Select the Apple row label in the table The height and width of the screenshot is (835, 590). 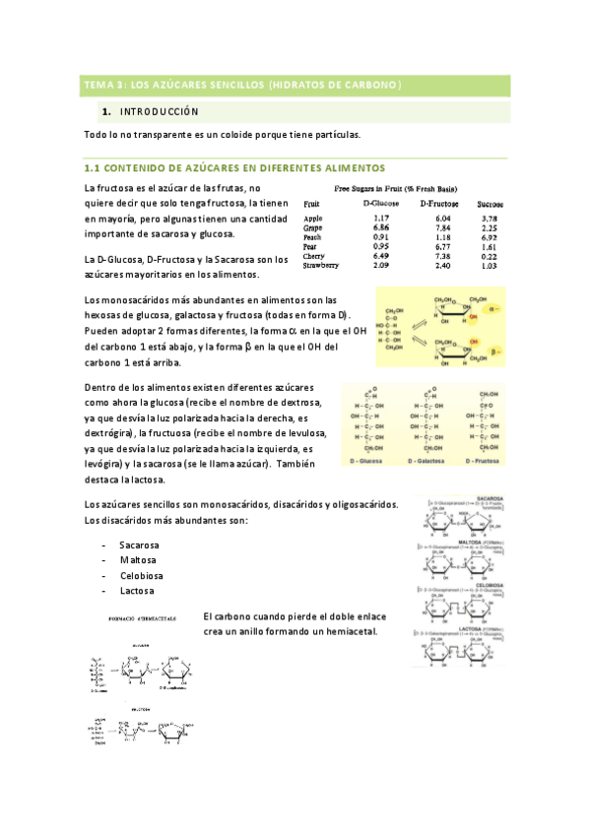coord(313,219)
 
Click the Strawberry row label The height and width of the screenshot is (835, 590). coord(321,266)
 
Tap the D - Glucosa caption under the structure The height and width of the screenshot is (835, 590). coord(365,461)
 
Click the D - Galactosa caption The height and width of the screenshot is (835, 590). coord(421,461)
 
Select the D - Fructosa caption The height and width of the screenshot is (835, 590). coord(475,461)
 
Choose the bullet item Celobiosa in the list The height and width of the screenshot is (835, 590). coord(141,575)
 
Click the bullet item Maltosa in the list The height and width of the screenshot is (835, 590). coord(138,559)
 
